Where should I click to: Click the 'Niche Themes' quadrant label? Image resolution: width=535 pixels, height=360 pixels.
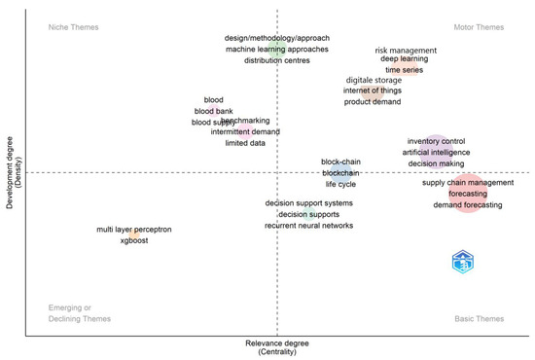(74, 26)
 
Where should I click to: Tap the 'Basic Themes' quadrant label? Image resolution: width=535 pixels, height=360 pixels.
(480, 319)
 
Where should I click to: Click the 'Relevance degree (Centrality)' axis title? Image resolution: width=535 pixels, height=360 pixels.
(277, 347)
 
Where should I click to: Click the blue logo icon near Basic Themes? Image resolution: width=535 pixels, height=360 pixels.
(464, 261)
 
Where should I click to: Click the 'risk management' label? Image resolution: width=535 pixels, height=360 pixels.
(406, 50)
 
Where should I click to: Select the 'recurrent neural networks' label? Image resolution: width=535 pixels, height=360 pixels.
(308, 226)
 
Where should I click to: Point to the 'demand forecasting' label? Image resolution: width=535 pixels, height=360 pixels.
(468, 205)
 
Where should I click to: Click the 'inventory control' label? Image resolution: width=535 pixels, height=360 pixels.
(436, 141)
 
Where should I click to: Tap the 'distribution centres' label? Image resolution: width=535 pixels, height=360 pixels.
(277, 60)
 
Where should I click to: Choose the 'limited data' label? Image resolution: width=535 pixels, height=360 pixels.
(245, 143)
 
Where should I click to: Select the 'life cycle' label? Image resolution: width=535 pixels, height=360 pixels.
(341, 183)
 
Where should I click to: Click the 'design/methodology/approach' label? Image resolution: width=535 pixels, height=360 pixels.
(277, 38)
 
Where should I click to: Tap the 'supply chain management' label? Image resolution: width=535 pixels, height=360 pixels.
(468, 182)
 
